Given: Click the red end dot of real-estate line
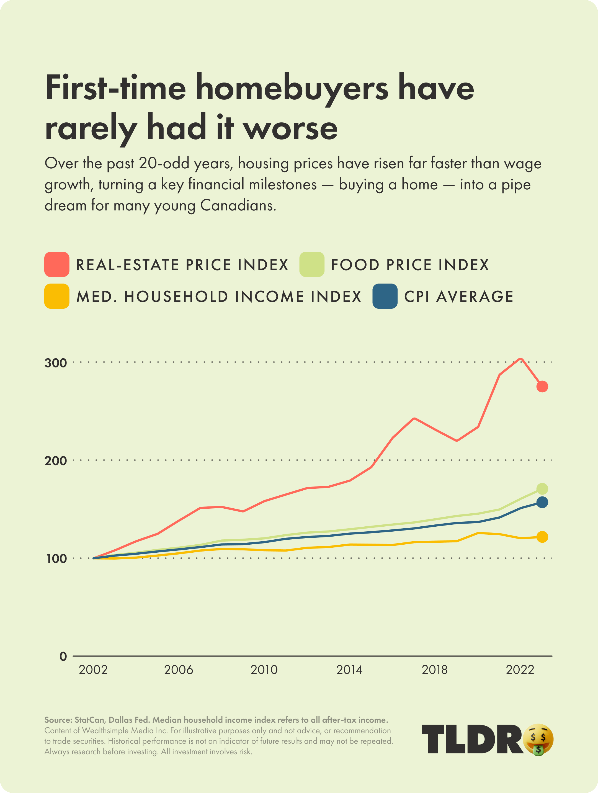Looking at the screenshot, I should (542, 387).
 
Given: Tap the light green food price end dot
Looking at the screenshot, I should (542, 489).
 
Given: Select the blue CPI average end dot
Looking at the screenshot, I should (542, 503).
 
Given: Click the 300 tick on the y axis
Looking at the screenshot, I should (56, 363).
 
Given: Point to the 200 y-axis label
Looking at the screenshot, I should (56, 461).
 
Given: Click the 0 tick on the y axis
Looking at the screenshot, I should (63, 656).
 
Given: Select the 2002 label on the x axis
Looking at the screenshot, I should (93, 670).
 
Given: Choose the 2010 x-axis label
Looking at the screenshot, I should (264, 670).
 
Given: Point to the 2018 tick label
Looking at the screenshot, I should (434, 670).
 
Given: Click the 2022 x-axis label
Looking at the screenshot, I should (520, 670).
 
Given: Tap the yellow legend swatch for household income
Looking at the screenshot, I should (57, 296).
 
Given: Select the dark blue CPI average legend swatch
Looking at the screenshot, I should (385, 296).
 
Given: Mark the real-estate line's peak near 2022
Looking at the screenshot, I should (520, 359).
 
